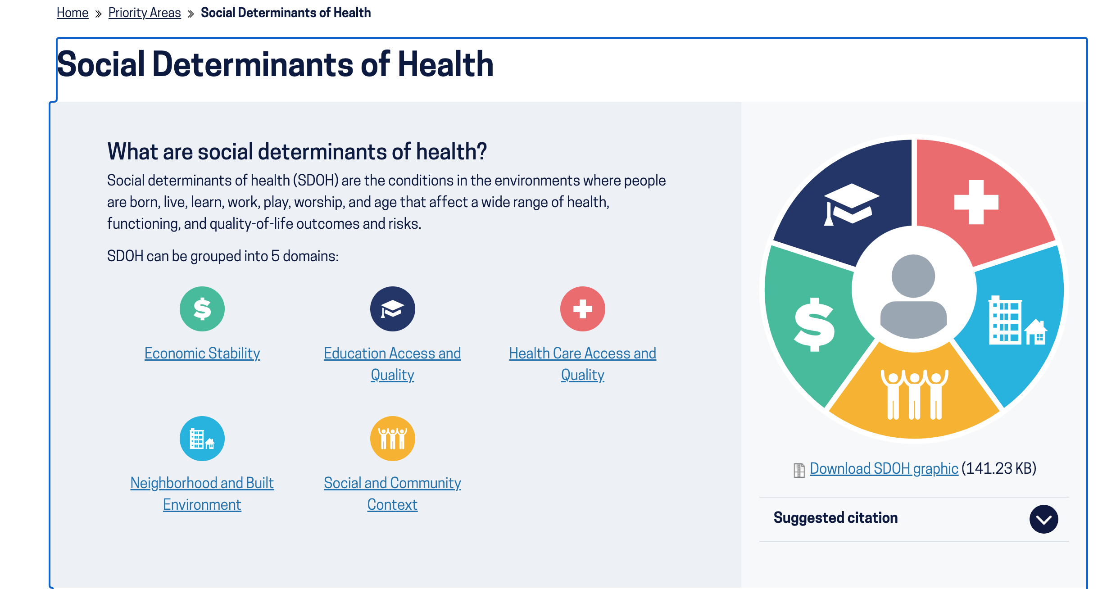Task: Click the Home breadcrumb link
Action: (x=73, y=13)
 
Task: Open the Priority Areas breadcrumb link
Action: (x=145, y=13)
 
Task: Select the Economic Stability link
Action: (x=202, y=353)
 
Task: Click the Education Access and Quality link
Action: (x=392, y=364)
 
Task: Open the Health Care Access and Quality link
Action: (x=582, y=364)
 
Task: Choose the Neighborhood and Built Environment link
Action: (x=202, y=494)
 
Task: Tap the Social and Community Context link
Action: (x=392, y=494)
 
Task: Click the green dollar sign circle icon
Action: (x=202, y=309)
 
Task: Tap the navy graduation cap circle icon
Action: (x=393, y=309)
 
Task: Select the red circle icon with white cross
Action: (x=583, y=309)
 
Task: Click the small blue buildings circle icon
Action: (x=202, y=439)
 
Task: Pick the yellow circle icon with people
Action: (x=393, y=439)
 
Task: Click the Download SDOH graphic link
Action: (x=884, y=468)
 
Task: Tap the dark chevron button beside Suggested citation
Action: (x=1044, y=519)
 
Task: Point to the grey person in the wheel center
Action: (x=913, y=296)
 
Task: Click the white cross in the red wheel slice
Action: (x=976, y=202)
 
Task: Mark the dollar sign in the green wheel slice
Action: (x=814, y=324)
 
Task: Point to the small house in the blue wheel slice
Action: (x=1036, y=332)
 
